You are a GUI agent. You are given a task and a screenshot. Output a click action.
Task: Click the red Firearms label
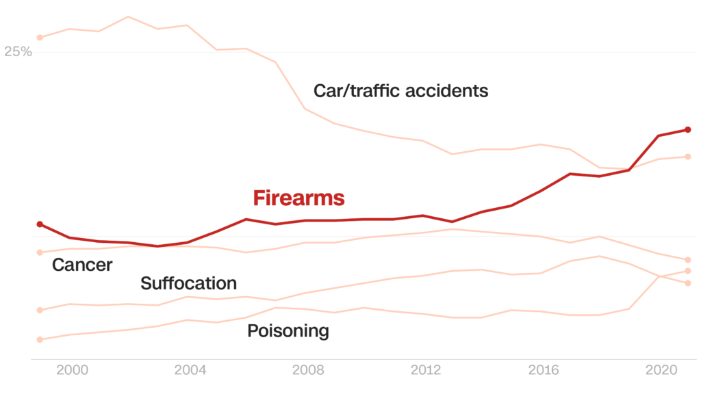pos(298,198)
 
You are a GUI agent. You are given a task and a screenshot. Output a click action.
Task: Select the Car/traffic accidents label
pos(400,90)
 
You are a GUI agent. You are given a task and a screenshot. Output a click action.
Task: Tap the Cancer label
pos(82,265)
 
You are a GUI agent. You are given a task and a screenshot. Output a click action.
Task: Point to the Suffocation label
pos(188,283)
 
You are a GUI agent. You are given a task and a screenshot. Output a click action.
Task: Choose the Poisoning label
pos(288,331)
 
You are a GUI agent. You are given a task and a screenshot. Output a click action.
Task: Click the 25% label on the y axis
pos(18,52)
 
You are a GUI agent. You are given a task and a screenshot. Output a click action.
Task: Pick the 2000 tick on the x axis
pos(72,370)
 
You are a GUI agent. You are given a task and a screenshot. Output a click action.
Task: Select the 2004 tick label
pos(190,370)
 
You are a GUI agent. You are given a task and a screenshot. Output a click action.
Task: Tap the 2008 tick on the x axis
pos(308,370)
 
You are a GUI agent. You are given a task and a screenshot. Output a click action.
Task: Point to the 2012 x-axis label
pos(426,370)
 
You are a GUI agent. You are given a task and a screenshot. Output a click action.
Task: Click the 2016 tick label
pos(544,370)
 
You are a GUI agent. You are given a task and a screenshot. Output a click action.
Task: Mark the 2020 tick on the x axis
pos(662,370)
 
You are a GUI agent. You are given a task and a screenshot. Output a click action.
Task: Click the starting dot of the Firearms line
pos(40,224)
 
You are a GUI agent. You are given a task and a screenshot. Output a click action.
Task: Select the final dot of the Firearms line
pos(687,129)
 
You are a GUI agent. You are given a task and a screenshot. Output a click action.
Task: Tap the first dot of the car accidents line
pos(40,37)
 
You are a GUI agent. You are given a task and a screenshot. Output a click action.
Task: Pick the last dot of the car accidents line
pos(687,157)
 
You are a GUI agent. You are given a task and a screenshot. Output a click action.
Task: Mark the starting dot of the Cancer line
pos(40,252)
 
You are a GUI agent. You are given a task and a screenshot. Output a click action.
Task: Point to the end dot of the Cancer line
pos(687,260)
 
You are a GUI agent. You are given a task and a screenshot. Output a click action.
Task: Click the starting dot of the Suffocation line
pos(40,310)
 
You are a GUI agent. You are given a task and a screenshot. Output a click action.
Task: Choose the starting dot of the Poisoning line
pos(40,339)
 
